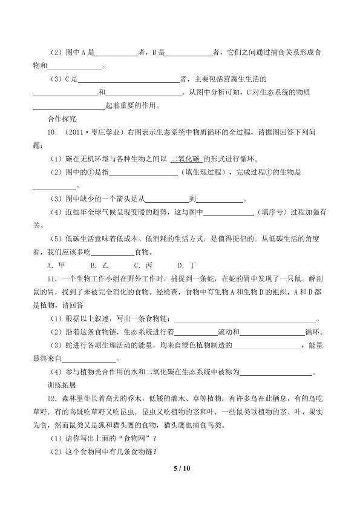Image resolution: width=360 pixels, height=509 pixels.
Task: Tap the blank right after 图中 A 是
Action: tap(117, 53)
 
